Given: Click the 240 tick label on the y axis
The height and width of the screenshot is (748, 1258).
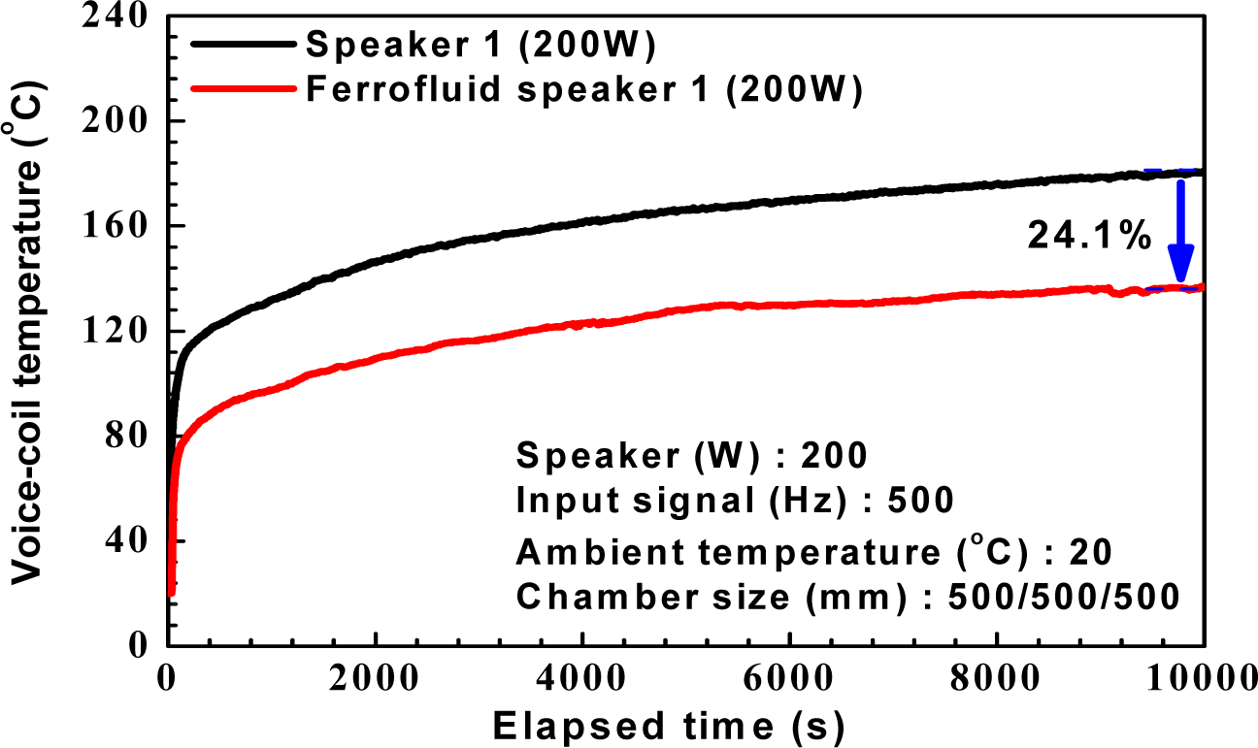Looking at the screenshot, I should click(117, 16).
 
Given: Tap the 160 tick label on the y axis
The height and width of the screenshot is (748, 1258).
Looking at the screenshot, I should click(117, 226).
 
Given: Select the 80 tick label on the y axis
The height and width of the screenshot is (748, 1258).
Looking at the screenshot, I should click(129, 436).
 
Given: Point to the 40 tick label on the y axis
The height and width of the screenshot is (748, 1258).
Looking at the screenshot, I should click(129, 540).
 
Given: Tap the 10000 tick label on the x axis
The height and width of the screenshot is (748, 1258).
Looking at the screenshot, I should click(1200, 679).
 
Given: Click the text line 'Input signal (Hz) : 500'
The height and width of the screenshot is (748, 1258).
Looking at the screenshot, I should click(735, 501).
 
